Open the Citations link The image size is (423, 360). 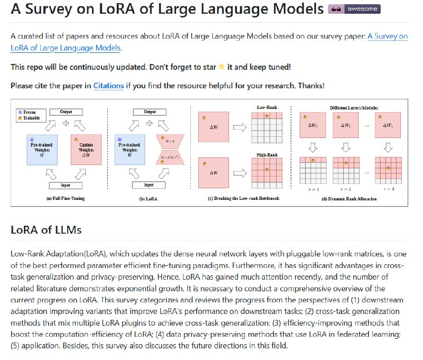pyautogui.click(x=108, y=85)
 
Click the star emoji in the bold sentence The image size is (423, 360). pyautogui.click(x=222, y=67)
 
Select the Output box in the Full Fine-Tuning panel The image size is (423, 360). pyautogui.click(x=66, y=112)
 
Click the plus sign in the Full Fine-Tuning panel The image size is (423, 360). pyautogui.click(x=66, y=124)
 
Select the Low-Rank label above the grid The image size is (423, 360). pyautogui.click(x=267, y=107)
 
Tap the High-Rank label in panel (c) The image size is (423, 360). pyautogui.click(x=267, y=155)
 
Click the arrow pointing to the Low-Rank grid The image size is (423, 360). pyautogui.click(x=241, y=127)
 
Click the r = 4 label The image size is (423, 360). pyautogui.click(x=391, y=188)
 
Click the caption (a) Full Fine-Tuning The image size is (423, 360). pyautogui.click(x=66, y=198)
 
